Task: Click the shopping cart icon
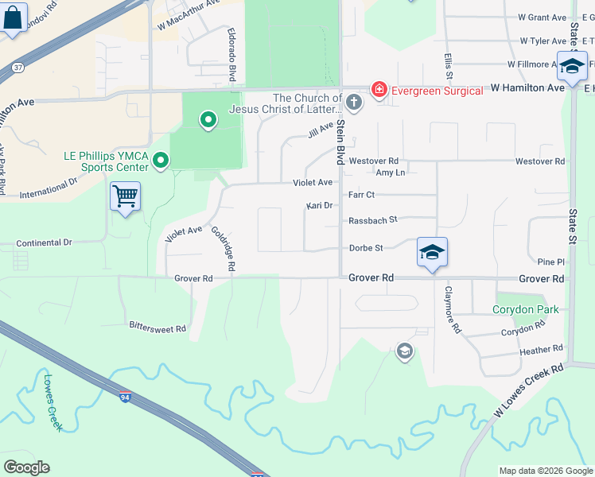coord(126,196)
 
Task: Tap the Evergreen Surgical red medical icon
coord(379,90)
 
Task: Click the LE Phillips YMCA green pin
coord(160,161)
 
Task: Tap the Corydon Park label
coord(525,310)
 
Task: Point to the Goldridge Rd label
coord(223,250)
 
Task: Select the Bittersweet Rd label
coord(157,327)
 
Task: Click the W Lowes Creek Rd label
coord(528,390)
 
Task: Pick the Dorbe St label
coord(366,248)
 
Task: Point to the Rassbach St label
coord(372,220)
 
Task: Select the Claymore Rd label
coord(452,308)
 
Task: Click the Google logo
coord(26,467)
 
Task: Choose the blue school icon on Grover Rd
coord(432,253)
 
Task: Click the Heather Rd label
coord(540,350)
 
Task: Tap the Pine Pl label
coord(550,262)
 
